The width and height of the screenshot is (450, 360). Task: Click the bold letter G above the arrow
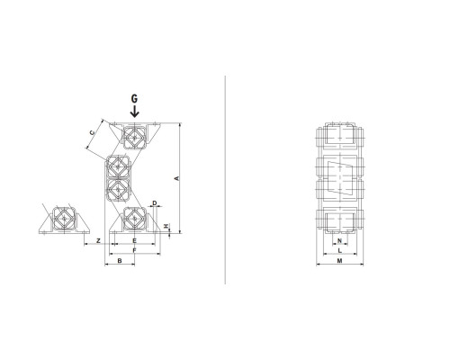tap(134, 98)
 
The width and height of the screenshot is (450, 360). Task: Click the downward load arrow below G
tap(135, 111)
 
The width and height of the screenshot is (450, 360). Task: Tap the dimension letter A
tap(177, 178)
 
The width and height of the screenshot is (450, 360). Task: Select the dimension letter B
tap(120, 261)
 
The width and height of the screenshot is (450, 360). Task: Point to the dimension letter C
tap(93, 132)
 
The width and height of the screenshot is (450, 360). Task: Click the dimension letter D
tap(155, 203)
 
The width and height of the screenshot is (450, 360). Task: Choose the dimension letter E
tap(135, 240)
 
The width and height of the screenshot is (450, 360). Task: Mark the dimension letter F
tap(135, 250)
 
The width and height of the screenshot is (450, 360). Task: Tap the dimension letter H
tap(166, 226)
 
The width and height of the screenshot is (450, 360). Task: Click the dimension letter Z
tap(98, 240)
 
